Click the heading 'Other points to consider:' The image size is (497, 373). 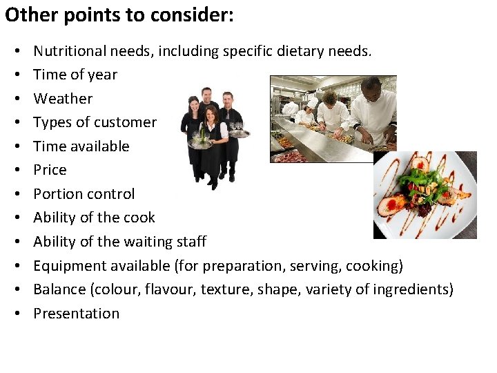(119, 15)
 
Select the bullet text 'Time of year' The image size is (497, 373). (75, 75)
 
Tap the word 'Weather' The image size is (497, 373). (63, 98)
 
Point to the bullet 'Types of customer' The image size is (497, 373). (95, 122)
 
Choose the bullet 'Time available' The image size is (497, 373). (81, 146)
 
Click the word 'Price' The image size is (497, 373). (50, 170)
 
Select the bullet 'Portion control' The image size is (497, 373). (84, 194)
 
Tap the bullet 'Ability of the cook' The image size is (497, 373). (94, 218)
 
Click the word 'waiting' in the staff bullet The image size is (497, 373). (148, 242)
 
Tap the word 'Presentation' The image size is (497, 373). (77, 314)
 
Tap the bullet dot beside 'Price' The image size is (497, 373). (15, 171)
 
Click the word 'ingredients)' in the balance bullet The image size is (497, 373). (413, 289)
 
